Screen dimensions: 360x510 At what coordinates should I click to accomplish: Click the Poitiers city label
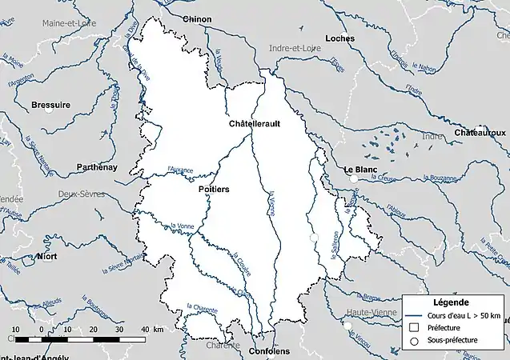[213, 190]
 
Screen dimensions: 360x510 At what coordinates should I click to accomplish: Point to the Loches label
[339, 38]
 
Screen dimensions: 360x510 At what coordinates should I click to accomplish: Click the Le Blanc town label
[359, 170]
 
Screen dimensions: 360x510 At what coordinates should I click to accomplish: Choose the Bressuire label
[50, 105]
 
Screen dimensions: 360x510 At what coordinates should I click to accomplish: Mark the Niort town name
[47, 256]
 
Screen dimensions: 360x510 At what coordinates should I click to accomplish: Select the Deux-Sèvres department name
[82, 194]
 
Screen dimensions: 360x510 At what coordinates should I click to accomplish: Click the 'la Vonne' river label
[183, 226]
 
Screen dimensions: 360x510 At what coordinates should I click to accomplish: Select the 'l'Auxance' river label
[181, 170]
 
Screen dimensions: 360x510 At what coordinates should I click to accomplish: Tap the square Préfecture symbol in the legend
[414, 327]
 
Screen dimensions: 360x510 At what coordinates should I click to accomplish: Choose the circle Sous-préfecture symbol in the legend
[414, 341]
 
